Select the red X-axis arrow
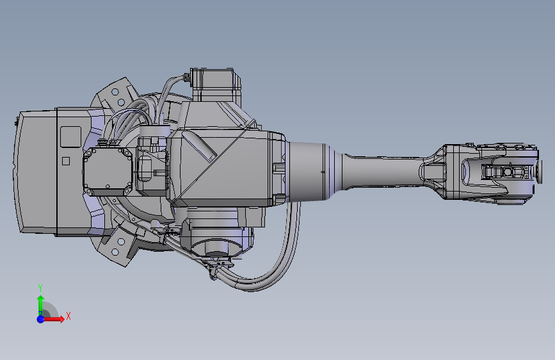point(53,319)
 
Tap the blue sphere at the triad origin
point(40,319)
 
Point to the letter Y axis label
point(40,288)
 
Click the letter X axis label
point(68,316)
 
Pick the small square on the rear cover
point(65,161)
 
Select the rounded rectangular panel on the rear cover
point(70,137)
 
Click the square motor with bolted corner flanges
point(108,171)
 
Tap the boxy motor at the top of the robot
point(216,85)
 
